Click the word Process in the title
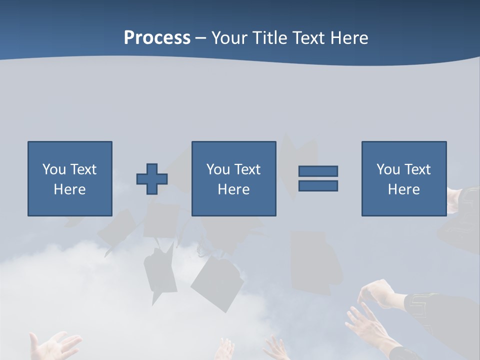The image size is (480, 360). (157, 38)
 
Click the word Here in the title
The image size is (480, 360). (350, 38)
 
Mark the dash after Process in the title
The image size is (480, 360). (201, 38)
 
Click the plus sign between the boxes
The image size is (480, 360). (152, 178)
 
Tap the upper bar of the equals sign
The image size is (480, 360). (318, 171)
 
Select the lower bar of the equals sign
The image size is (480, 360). (318, 185)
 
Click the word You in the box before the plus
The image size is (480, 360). (54, 169)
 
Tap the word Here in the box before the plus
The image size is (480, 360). (69, 189)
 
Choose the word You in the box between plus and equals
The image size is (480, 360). (218, 169)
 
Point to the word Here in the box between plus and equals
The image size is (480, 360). (233, 189)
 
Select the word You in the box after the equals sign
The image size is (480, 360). (388, 169)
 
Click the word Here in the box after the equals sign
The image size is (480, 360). (403, 189)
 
